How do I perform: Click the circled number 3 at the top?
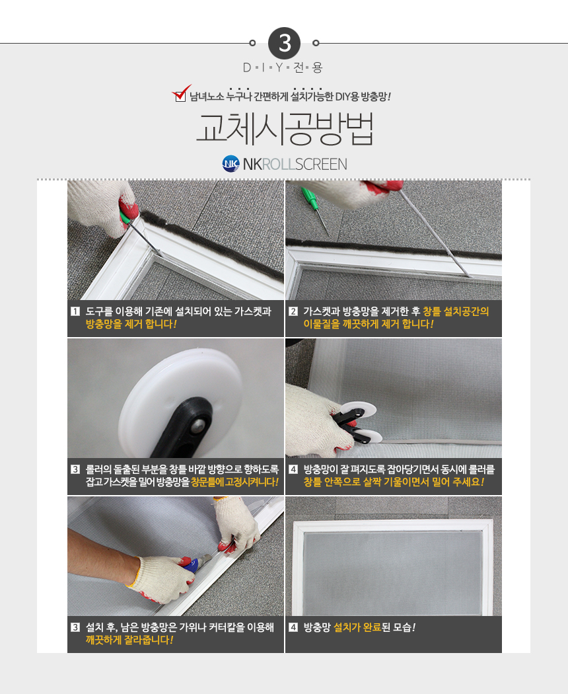click(284, 44)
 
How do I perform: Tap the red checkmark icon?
click(181, 93)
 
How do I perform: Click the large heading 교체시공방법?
click(285, 128)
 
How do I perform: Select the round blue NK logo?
click(231, 164)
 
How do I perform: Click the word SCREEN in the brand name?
click(321, 164)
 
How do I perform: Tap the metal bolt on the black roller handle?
click(197, 427)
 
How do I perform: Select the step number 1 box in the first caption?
click(76, 311)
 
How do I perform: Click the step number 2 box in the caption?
click(293, 311)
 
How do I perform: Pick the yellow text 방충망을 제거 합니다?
click(131, 324)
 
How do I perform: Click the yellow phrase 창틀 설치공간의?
click(456, 311)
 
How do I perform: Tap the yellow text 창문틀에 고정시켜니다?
click(235, 482)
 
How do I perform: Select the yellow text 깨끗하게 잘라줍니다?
click(129, 640)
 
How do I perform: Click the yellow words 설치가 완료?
click(357, 628)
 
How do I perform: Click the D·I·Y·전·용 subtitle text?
click(283, 67)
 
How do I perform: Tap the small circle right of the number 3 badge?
click(316, 43)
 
